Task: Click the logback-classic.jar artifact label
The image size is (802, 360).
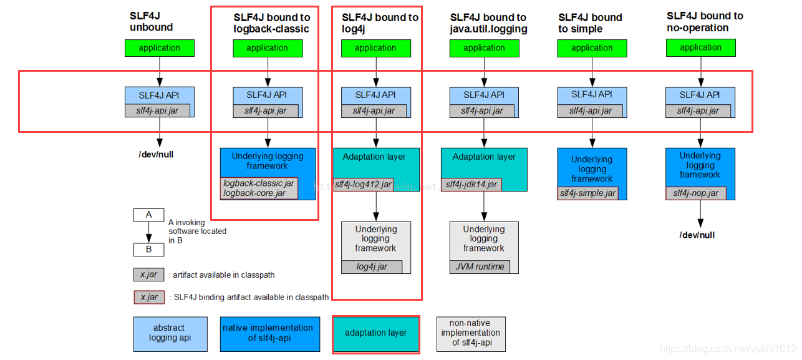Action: tap(259, 183)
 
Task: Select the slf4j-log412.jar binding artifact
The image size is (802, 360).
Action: tap(363, 184)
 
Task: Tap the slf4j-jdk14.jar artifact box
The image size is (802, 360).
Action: tap(471, 184)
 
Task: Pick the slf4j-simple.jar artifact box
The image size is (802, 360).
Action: tap(587, 193)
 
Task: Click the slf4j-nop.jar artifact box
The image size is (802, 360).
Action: tap(695, 193)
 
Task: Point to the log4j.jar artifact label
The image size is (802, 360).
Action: tap(372, 267)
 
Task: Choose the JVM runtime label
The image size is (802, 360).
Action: tap(480, 267)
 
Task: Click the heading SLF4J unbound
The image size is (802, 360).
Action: tap(151, 22)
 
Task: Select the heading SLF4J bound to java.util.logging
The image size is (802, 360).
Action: tap(488, 23)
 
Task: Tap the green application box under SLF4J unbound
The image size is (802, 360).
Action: tap(159, 48)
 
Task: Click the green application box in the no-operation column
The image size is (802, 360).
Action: tap(700, 47)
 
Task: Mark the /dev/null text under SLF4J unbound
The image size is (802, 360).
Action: tap(156, 154)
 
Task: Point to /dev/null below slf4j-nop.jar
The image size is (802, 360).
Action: tap(697, 235)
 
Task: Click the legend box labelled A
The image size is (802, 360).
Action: tap(148, 215)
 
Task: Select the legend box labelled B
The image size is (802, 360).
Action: tap(148, 250)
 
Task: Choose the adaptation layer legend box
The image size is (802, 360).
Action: tap(375, 333)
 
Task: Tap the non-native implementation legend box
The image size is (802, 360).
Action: tap(471, 333)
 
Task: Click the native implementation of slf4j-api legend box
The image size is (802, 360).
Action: tap(271, 333)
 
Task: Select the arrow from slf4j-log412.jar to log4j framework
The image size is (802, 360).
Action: tap(375, 205)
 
